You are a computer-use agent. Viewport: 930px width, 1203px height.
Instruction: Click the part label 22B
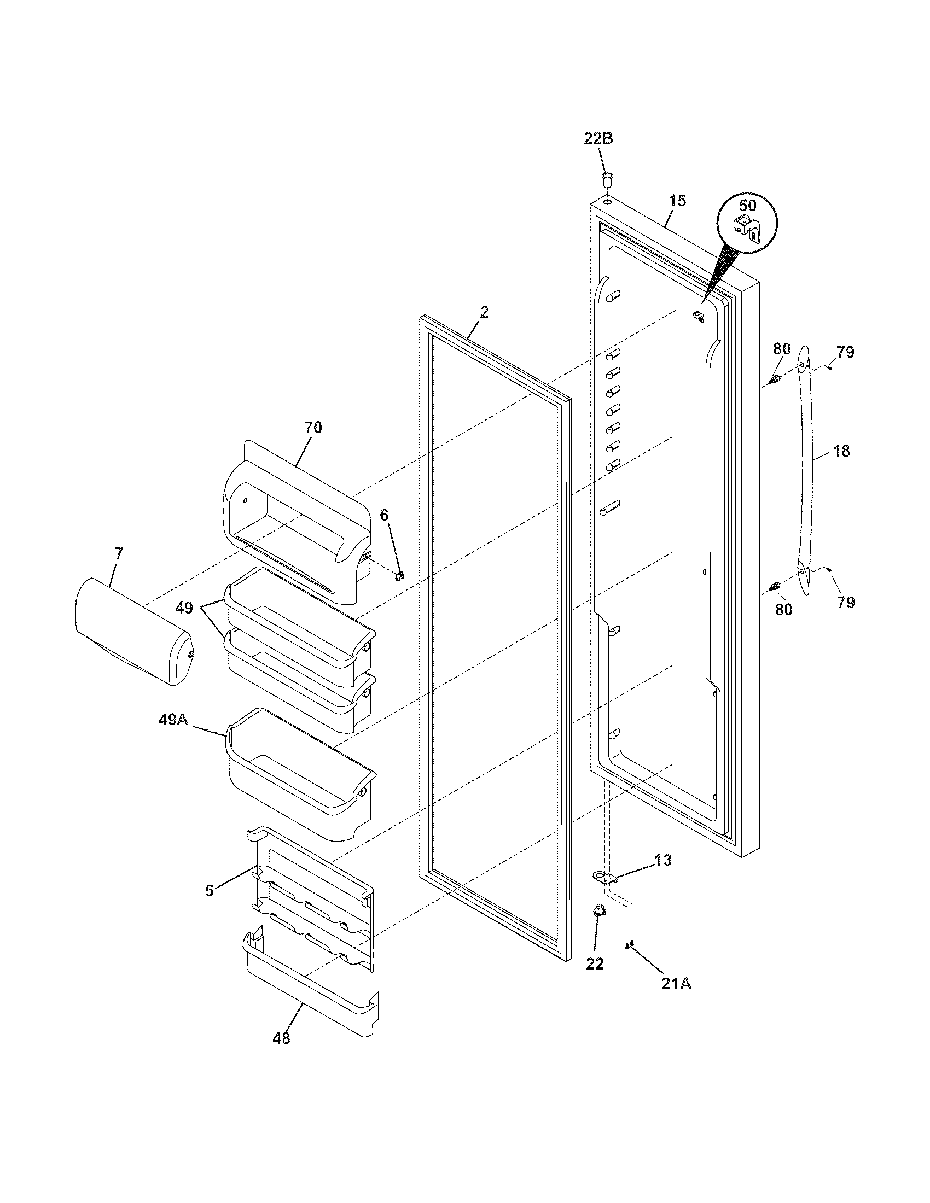pyautogui.click(x=598, y=139)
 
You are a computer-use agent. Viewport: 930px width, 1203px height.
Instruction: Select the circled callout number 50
pyautogui.click(x=747, y=206)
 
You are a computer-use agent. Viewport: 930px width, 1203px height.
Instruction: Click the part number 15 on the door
pyautogui.click(x=678, y=201)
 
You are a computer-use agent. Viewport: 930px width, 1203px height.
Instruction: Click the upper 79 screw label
pyautogui.click(x=845, y=352)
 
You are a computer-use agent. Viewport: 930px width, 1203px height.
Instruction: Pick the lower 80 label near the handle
pyautogui.click(x=783, y=609)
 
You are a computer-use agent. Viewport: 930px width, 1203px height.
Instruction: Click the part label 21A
pyautogui.click(x=676, y=984)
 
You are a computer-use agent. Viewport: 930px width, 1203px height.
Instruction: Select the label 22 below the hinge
pyautogui.click(x=595, y=963)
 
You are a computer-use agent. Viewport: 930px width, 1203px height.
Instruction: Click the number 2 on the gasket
pyautogui.click(x=484, y=313)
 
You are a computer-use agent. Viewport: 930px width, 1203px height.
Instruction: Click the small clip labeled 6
pyautogui.click(x=400, y=576)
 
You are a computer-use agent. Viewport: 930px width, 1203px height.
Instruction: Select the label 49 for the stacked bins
pyautogui.click(x=184, y=608)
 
